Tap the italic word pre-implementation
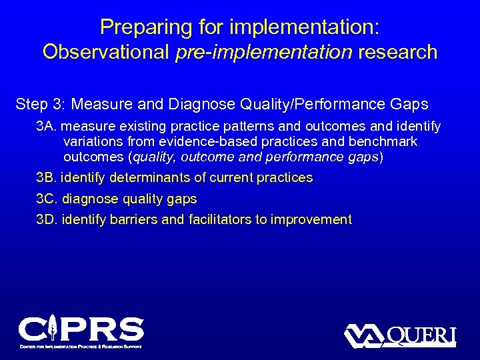pyautogui.click(x=264, y=52)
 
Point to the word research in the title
pyautogui.click(x=398, y=52)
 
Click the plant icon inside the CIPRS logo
pyautogui.click(x=52, y=327)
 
